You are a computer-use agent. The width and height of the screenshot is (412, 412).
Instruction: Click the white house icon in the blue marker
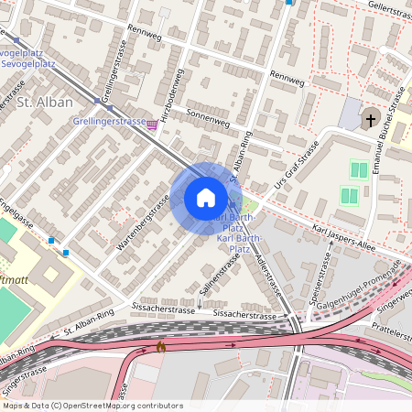pyautogui.click(x=206, y=197)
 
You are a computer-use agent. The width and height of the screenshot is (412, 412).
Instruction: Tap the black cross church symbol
pyautogui.click(x=371, y=119)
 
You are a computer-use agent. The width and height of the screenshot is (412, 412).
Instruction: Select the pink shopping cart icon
pyautogui.click(x=151, y=125)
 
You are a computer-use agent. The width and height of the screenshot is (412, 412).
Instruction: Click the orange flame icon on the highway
pyautogui.click(x=161, y=347)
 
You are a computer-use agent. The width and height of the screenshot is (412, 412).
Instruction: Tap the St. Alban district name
pyautogui.click(x=38, y=103)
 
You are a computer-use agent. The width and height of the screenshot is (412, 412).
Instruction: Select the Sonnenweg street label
pyautogui.click(x=208, y=118)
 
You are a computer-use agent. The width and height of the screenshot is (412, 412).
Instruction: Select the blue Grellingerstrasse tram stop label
pyautogui.click(x=109, y=121)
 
